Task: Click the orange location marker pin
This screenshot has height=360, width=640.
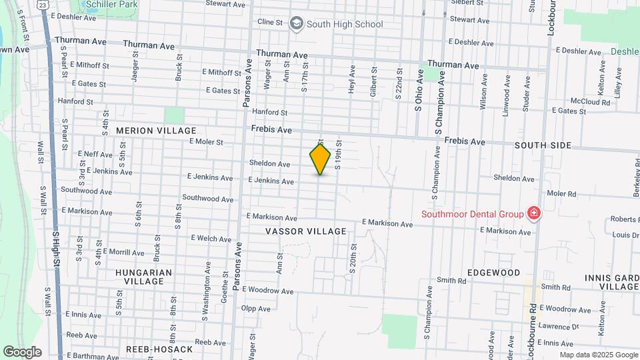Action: click(x=320, y=159)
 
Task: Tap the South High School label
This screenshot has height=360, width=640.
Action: click(x=345, y=25)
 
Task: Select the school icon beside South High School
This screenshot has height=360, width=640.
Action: click(x=295, y=25)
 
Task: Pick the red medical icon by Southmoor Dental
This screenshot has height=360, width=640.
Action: click(x=533, y=214)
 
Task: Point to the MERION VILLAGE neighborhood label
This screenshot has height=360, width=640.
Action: click(x=156, y=131)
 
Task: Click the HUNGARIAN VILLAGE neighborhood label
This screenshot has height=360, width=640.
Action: click(x=143, y=277)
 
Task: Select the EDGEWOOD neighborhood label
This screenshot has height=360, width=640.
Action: click(x=493, y=273)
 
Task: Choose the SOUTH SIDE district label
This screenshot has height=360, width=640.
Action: click(x=543, y=145)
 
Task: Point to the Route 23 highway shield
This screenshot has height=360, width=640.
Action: click(x=43, y=5)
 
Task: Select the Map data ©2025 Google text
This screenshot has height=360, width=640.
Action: click(x=598, y=355)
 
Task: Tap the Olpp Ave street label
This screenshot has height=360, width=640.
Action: click(x=256, y=309)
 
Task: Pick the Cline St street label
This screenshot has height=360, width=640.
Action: click(x=270, y=22)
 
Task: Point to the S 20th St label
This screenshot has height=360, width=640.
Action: click(x=353, y=257)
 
